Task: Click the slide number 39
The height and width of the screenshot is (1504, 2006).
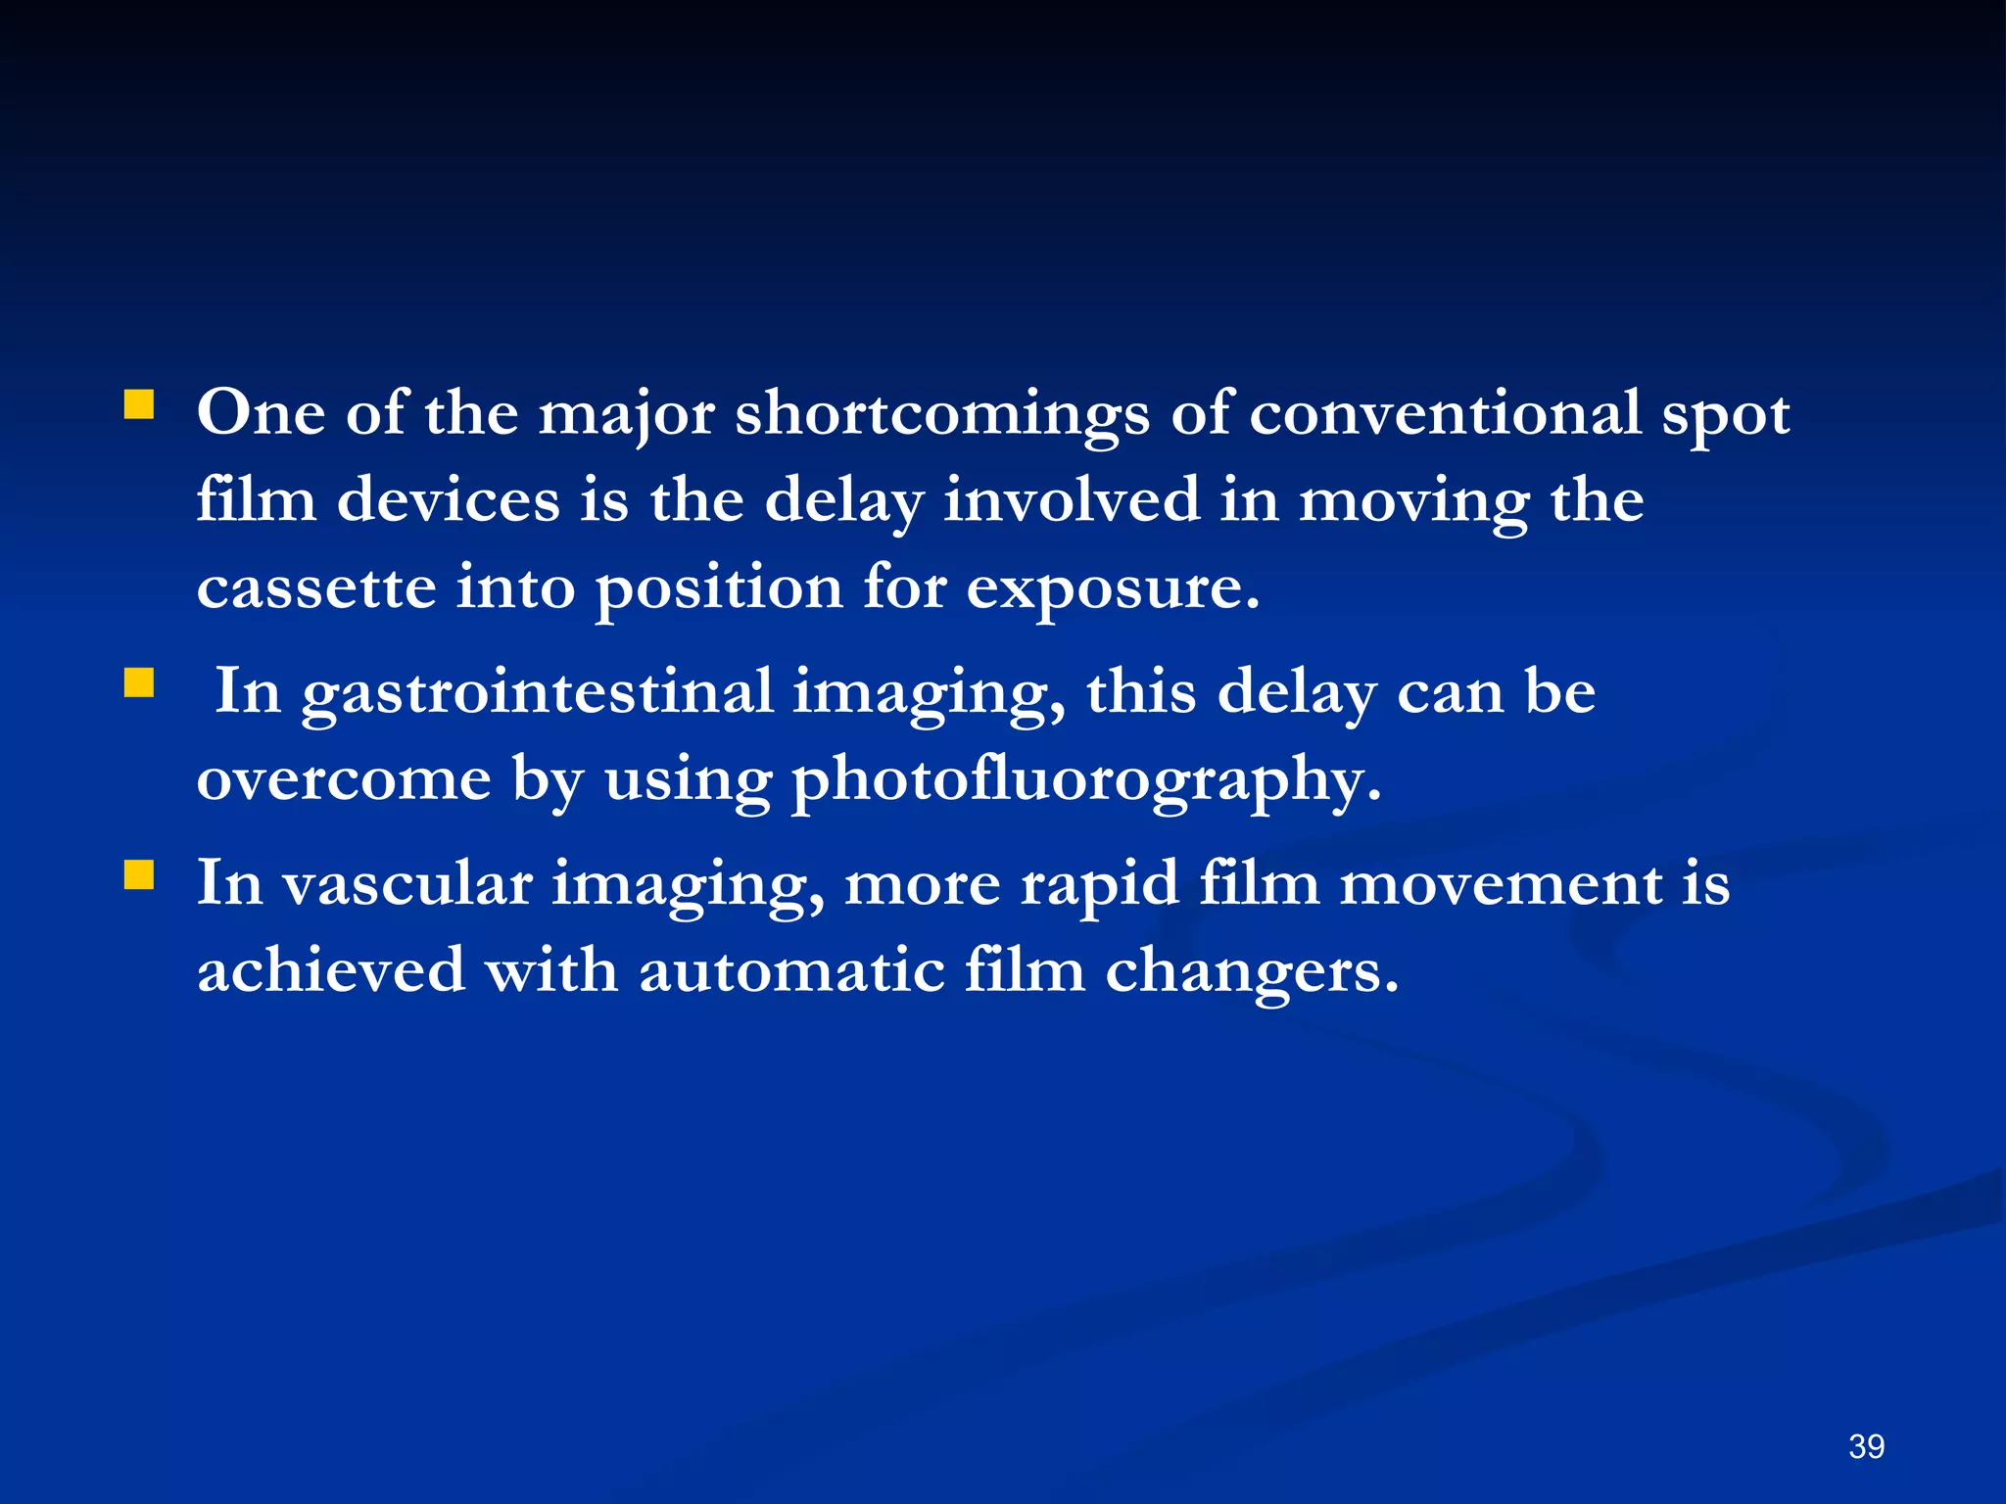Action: [x=1866, y=1446]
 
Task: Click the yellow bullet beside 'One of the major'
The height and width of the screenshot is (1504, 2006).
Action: [x=139, y=404]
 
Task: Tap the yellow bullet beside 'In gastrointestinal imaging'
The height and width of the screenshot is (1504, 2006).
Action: [x=139, y=682]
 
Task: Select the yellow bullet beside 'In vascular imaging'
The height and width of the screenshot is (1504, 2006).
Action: [x=139, y=874]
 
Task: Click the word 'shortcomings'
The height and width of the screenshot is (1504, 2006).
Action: [x=942, y=415]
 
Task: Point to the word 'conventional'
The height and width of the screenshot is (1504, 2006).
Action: [x=1444, y=413]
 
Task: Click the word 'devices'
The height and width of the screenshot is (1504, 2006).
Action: [x=449, y=500]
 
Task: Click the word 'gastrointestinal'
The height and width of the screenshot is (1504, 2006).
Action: [x=537, y=693]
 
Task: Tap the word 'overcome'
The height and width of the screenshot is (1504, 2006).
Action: [x=344, y=779]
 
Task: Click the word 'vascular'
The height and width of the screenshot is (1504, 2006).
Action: [x=407, y=883]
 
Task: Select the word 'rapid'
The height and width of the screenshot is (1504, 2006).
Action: [x=1099, y=885]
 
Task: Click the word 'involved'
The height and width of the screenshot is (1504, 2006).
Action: [x=1072, y=500]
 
